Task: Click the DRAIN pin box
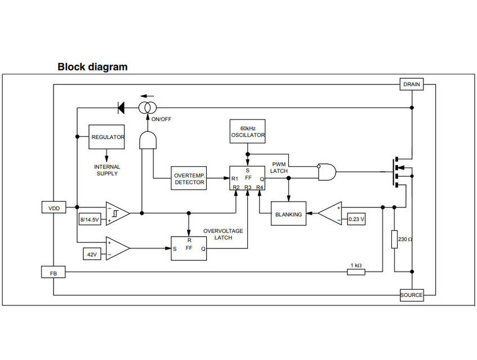pyautogui.click(x=411, y=85)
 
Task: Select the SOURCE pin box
pyautogui.click(x=411, y=295)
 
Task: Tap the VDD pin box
pyautogui.click(x=54, y=207)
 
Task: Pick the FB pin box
pyautogui.click(x=54, y=273)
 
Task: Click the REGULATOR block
pyautogui.click(x=108, y=137)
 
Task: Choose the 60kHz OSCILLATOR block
pyautogui.click(x=247, y=131)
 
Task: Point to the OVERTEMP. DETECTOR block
pyautogui.click(x=189, y=178)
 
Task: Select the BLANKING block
pyautogui.click(x=288, y=214)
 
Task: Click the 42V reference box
pyautogui.click(x=91, y=254)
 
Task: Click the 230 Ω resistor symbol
pyautogui.click(x=395, y=239)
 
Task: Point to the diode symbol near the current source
pyautogui.click(x=120, y=106)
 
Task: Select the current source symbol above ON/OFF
pyautogui.click(x=149, y=106)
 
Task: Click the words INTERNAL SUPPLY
pyautogui.click(x=107, y=170)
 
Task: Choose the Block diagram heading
pyautogui.click(x=92, y=66)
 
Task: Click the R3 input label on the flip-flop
pyautogui.click(x=248, y=186)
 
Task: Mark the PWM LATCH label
pyautogui.click(x=279, y=167)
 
